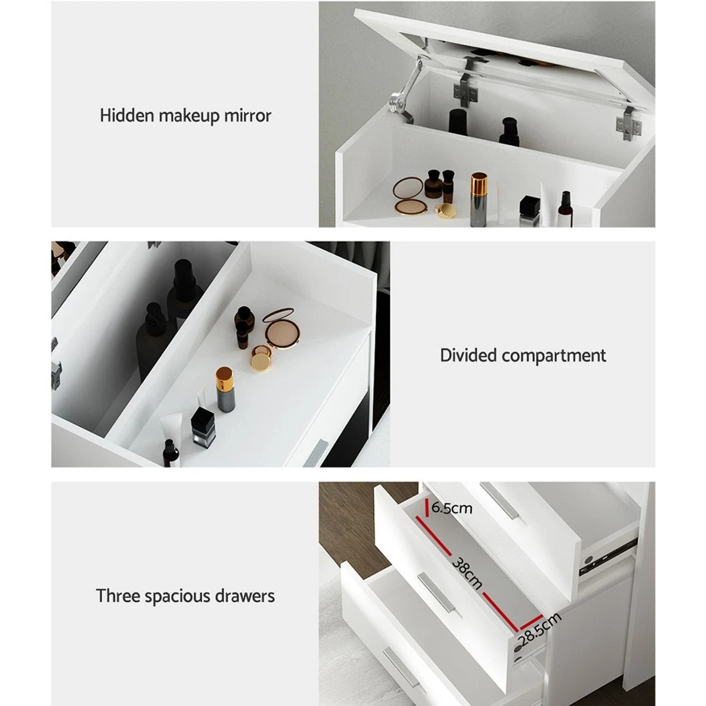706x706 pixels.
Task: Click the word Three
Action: (x=116, y=596)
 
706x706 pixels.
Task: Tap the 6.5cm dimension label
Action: (x=452, y=509)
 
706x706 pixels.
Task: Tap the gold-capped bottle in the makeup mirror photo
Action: (x=479, y=199)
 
